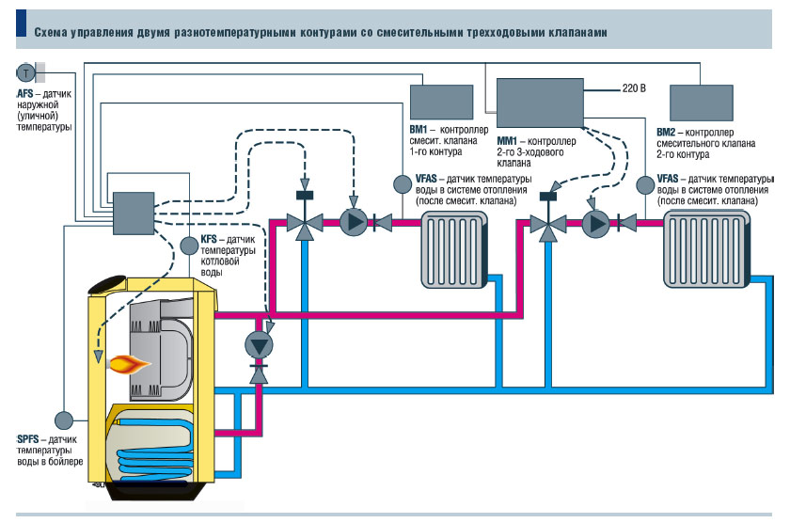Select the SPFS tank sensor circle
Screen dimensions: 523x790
(x=64, y=418)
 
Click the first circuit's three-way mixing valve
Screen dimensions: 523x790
(x=304, y=223)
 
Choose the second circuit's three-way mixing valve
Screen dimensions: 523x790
(x=545, y=224)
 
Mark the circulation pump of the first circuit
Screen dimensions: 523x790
(x=353, y=223)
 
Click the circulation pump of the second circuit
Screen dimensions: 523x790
(x=595, y=223)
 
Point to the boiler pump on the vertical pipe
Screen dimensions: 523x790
(x=257, y=344)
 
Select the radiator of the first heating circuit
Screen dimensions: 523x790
(x=450, y=247)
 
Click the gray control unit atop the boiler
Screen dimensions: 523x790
(x=133, y=214)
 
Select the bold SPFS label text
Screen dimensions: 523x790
(x=28, y=439)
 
